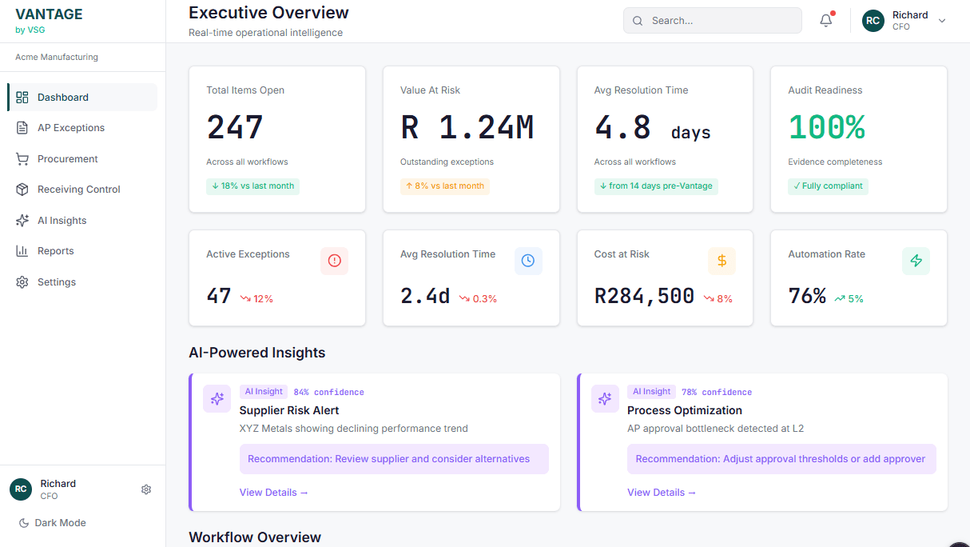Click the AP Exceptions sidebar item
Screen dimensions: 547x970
[70, 128]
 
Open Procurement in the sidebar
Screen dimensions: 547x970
[67, 159]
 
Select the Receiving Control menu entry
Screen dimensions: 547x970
[78, 190]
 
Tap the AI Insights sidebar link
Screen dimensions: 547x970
[62, 221]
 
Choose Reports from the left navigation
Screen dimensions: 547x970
[55, 251]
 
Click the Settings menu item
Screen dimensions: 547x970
[56, 282]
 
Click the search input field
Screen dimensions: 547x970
[712, 21]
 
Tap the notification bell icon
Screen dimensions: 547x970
[826, 21]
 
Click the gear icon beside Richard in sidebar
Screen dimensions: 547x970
[146, 489]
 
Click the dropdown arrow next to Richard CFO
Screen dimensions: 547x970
[942, 21]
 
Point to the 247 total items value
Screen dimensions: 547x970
[235, 127]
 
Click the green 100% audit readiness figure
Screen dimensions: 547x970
[826, 127]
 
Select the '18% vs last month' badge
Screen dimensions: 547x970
[252, 186]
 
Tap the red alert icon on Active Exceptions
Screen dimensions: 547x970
[334, 261]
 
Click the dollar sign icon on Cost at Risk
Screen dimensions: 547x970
[722, 261]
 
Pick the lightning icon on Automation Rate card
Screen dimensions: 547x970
[916, 261]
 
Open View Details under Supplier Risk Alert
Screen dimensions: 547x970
[273, 493]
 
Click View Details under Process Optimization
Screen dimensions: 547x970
[661, 493]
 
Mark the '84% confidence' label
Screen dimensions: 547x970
[328, 393]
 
